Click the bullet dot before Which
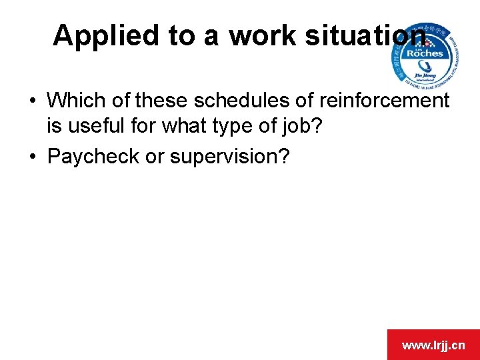click(x=32, y=101)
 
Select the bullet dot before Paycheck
click(x=32, y=157)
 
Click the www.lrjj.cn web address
click(x=433, y=345)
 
